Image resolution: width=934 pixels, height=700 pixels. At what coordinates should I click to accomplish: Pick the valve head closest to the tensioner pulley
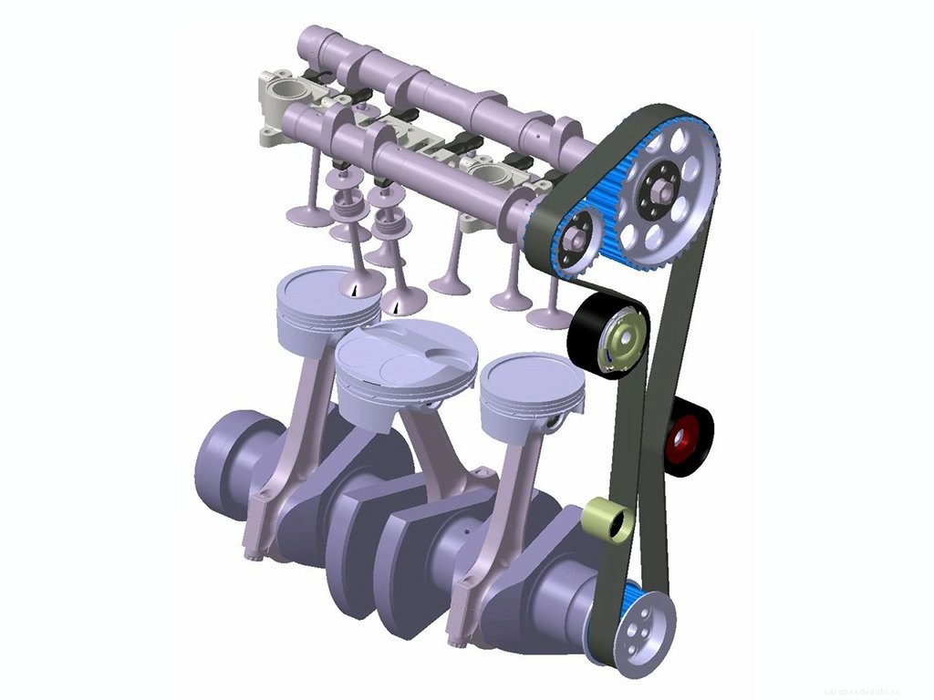[550, 317]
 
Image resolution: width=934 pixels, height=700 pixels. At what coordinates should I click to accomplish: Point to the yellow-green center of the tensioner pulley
[625, 340]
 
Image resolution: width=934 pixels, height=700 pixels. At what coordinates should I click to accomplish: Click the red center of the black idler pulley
[680, 440]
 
